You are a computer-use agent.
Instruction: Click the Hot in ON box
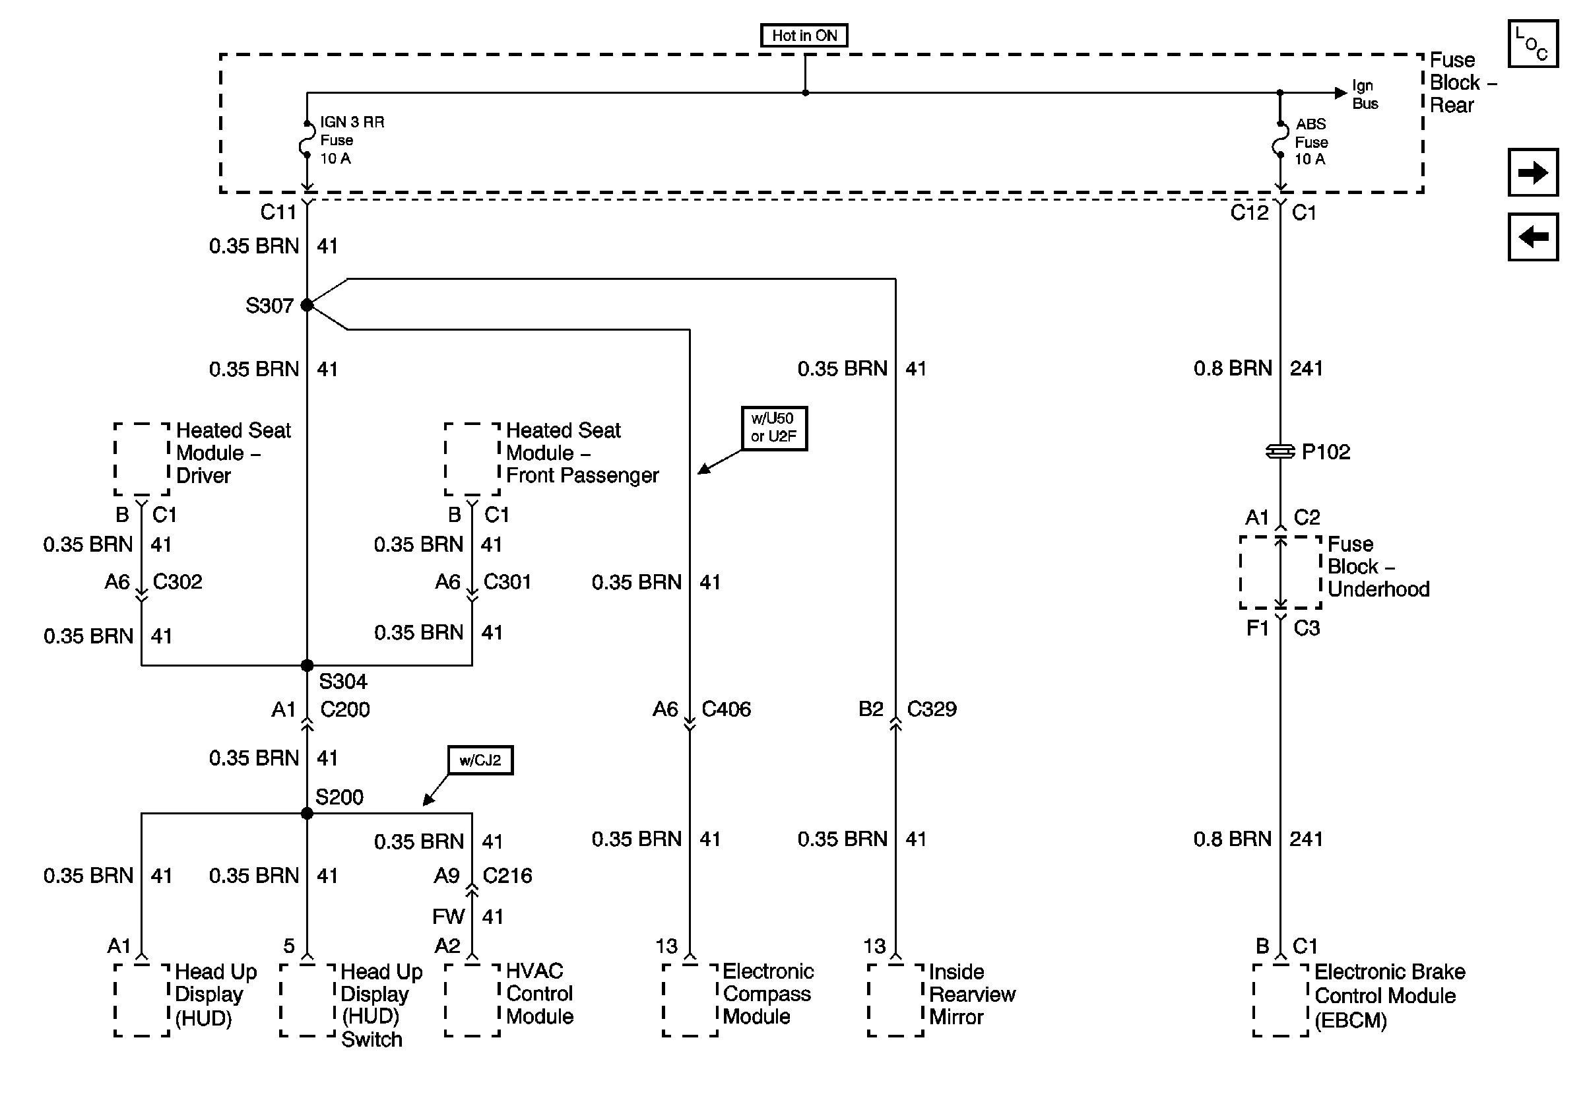click(804, 35)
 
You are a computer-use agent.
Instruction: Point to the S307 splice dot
click(307, 305)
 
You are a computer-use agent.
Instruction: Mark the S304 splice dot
click(307, 665)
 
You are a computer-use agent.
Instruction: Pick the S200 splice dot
click(307, 813)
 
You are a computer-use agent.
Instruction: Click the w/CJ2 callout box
click(480, 760)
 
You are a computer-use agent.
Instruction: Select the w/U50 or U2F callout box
click(774, 428)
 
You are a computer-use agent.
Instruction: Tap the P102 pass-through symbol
click(1280, 451)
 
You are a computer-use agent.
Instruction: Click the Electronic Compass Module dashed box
click(690, 1000)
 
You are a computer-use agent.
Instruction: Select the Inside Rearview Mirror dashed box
click(895, 1000)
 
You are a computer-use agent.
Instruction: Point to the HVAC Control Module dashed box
click(472, 1000)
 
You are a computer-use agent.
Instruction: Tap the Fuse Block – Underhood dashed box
click(1280, 572)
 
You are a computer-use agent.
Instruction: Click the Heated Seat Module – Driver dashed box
click(141, 459)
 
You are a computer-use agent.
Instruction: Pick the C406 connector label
click(726, 709)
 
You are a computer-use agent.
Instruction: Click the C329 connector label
click(931, 709)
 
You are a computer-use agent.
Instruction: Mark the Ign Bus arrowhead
click(1341, 92)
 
